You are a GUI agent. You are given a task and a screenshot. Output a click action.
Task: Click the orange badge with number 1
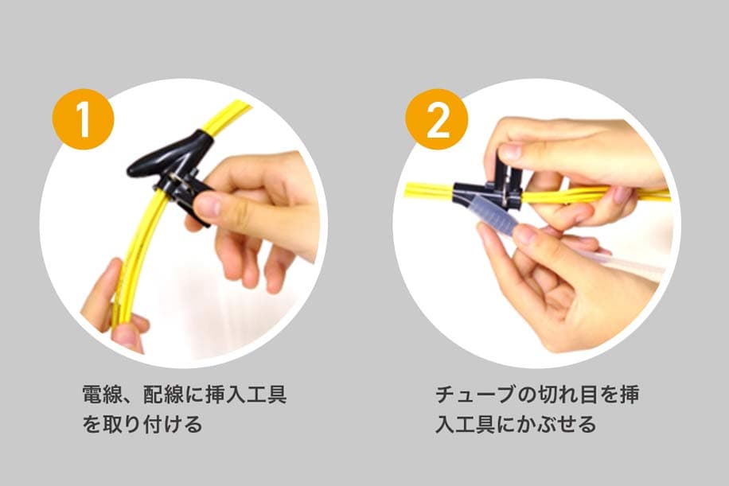(83, 120)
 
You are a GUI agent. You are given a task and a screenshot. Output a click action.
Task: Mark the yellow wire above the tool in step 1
(226, 119)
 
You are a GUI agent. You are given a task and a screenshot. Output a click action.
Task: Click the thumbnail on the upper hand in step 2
(509, 151)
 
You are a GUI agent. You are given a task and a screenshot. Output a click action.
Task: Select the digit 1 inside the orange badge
(83, 120)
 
